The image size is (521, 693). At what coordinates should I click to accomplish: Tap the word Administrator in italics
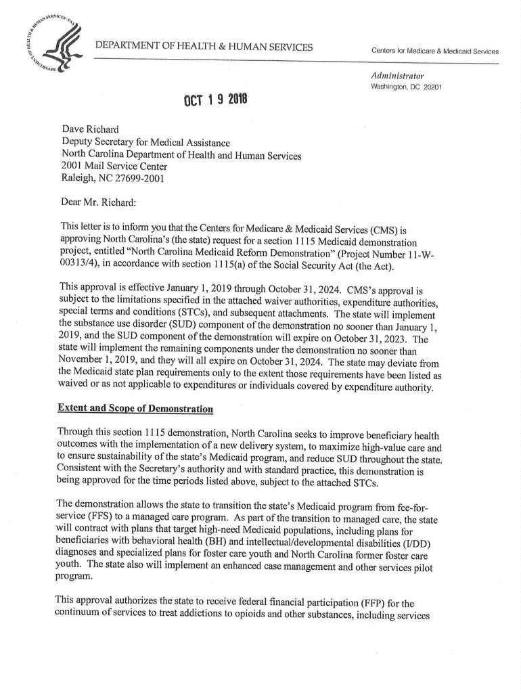point(397,75)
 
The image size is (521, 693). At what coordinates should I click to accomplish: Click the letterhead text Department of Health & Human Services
point(204,47)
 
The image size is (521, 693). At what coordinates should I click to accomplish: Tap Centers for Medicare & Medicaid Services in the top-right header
point(434,51)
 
